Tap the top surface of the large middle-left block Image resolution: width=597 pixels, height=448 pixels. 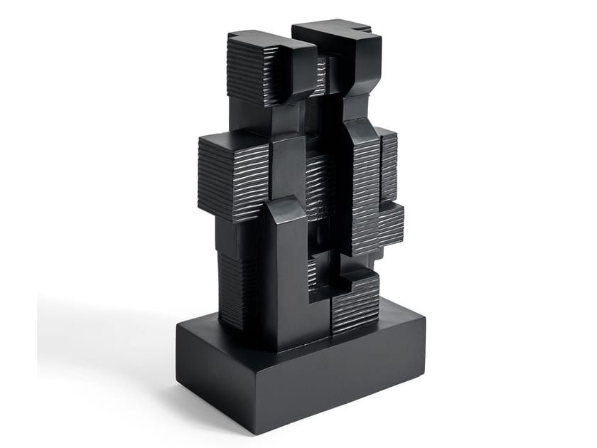[231, 139]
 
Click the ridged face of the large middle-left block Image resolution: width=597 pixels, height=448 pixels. [231, 181]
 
